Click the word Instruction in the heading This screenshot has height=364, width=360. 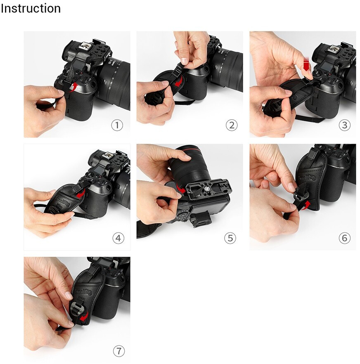click(x=31, y=8)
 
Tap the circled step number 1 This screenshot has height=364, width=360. click(x=117, y=125)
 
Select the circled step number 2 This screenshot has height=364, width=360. click(x=232, y=125)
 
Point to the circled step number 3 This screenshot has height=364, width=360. click(x=345, y=125)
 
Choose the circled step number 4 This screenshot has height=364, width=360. click(x=118, y=238)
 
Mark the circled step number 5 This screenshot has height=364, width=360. click(x=230, y=238)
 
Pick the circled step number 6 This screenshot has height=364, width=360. click(x=345, y=238)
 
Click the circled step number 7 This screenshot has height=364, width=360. click(x=118, y=351)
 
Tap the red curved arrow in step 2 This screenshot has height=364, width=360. click(x=178, y=81)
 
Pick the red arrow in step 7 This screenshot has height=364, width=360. click(x=84, y=317)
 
